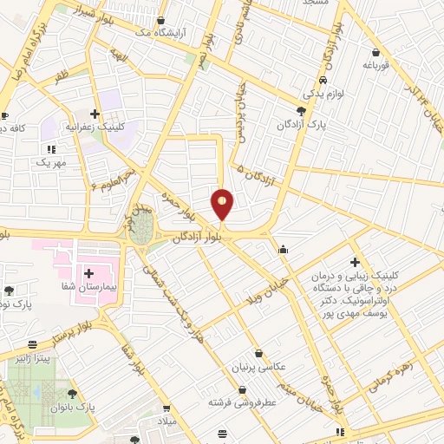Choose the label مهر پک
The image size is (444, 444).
(x=50, y=162)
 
